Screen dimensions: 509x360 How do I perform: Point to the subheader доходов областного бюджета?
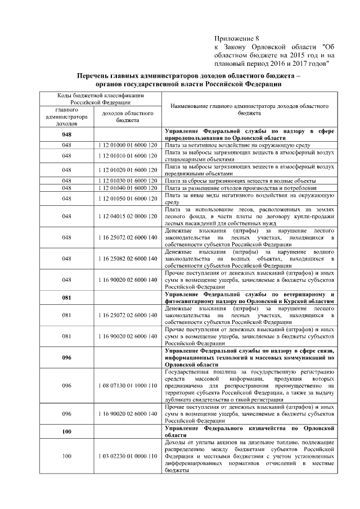128,116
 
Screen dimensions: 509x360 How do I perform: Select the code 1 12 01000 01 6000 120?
128,145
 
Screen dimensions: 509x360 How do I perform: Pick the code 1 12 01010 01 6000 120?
128,155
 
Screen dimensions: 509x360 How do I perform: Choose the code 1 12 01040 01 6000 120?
128,188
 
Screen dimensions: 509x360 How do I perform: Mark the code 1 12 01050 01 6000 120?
128,199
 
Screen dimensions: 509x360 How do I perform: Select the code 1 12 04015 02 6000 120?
128,216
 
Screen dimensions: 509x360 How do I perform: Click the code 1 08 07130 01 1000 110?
128,386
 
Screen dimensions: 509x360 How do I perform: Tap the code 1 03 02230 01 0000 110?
128,455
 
